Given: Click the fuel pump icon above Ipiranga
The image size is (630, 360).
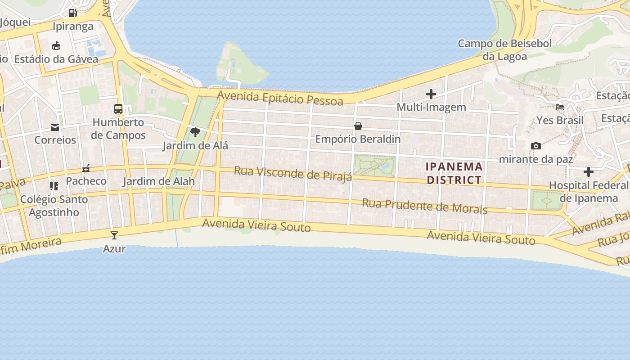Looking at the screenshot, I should click(x=72, y=13).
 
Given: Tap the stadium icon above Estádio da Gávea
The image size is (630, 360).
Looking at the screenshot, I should click(x=56, y=46).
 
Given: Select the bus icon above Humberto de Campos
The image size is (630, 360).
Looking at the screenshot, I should click(x=118, y=109).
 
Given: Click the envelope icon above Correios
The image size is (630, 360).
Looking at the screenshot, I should click(x=55, y=127).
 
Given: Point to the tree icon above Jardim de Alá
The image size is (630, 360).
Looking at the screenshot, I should click(x=195, y=132).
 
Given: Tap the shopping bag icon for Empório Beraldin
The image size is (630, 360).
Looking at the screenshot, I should click(x=358, y=126).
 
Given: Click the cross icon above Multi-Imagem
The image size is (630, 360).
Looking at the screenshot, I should click(x=431, y=94).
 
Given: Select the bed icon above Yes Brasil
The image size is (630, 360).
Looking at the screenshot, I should click(x=560, y=107).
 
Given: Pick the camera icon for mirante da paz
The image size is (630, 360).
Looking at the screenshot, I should click(x=536, y=146).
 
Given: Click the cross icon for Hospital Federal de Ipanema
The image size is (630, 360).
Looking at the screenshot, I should click(x=588, y=172).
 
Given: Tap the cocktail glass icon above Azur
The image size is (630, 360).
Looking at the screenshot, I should click(x=114, y=235).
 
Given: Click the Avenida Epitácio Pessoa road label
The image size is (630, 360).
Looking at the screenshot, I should click(x=280, y=97).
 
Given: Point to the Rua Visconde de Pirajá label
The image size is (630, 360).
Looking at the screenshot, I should click(x=293, y=173).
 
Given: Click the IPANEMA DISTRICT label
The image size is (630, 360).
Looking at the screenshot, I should click(x=454, y=173).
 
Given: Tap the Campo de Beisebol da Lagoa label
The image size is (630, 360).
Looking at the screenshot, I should click(x=504, y=50).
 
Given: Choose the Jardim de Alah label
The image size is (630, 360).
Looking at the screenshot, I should click(x=159, y=181).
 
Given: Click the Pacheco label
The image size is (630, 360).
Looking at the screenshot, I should click(x=86, y=181).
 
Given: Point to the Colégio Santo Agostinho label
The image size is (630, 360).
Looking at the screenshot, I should click(x=54, y=206).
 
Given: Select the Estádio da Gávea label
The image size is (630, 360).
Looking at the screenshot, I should click(x=56, y=59).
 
